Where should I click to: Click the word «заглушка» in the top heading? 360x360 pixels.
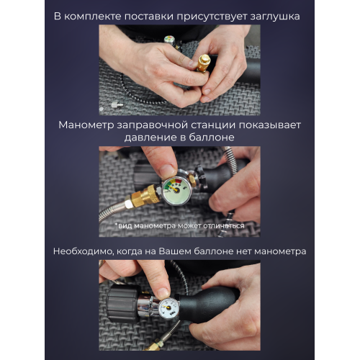click(275, 17)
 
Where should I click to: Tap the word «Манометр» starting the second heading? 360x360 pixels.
click(86, 125)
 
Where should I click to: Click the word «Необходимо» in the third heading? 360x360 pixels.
click(83, 252)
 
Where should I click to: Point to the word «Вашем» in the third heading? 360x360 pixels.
click(175, 251)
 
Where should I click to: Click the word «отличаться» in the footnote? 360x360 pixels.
click(224, 226)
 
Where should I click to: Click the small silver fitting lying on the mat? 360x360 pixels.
click(117, 104)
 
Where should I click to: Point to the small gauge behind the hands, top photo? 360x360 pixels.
click(169, 40)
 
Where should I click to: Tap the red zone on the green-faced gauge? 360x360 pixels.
click(178, 181)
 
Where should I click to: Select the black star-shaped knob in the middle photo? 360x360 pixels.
click(201, 176)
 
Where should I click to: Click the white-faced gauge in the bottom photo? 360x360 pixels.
click(168, 308)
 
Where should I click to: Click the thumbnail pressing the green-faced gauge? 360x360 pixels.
click(167, 170)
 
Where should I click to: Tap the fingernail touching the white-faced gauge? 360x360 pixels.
click(163, 292)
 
